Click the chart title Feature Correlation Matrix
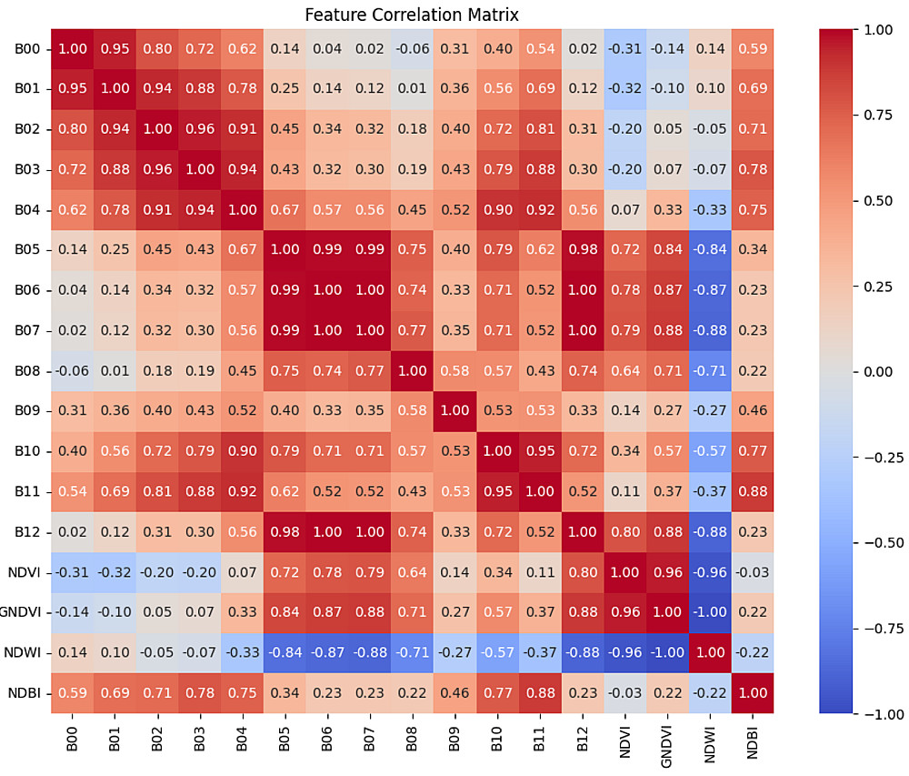click(x=412, y=15)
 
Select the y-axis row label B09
click(x=30, y=411)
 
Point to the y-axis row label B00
click(x=30, y=48)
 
